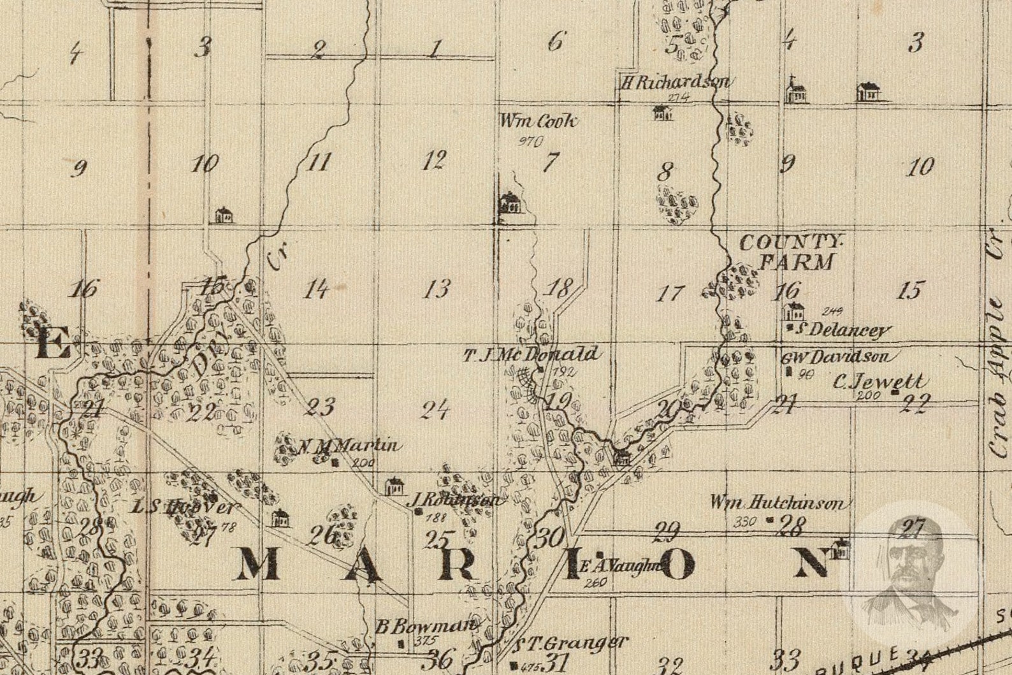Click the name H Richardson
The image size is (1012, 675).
(x=675, y=82)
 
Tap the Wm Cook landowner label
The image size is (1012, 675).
(x=539, y=121)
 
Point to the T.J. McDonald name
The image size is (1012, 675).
(x=531, y=354)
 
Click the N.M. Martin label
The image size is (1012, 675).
(x=349, y=446)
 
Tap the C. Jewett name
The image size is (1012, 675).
(x=879, y=382)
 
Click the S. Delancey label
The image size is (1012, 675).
(x=842, y=330)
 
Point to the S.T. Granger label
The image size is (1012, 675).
(x=572, y=643)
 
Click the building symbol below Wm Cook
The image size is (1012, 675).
(x=510, y=203)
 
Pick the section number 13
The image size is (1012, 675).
(x=436, y=289)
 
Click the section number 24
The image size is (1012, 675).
(x=436, y=409)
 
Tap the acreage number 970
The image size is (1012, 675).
(x=530, y=142)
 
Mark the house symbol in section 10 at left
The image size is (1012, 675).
(x=223, y=214)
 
